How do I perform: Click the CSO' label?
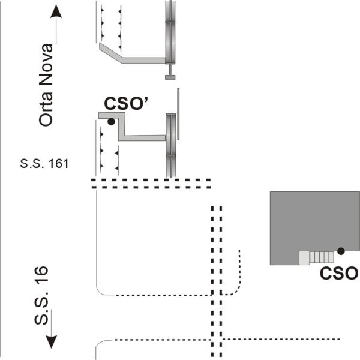126,103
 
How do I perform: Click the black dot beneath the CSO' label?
111,122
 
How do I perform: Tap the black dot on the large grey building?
341,251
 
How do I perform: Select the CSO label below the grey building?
339,273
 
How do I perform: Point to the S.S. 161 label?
44,164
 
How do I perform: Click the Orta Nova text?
46,85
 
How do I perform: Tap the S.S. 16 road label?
41,295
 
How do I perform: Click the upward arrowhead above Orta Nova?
56,11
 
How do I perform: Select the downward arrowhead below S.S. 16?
51,342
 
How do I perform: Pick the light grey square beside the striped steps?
304,258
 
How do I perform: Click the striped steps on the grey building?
322,257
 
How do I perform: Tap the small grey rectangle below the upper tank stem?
170,77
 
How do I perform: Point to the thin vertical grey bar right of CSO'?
178,114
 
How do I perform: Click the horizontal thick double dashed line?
151,184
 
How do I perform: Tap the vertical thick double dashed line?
217,283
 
